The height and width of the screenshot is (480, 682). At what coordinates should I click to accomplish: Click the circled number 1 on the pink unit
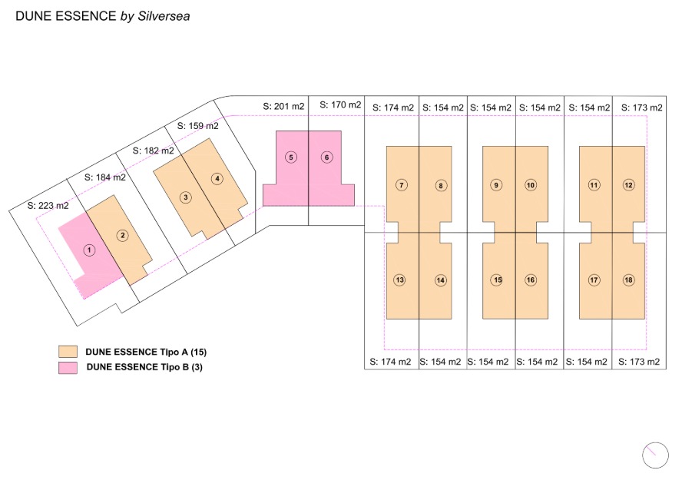pos(90,250)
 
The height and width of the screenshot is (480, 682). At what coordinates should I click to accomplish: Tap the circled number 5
pos(291,157)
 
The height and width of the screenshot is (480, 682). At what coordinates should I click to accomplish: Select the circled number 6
pos(327,157)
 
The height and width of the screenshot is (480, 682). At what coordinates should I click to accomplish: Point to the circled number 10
pos(531,185)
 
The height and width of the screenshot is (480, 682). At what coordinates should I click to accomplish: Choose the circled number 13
pos(399,280)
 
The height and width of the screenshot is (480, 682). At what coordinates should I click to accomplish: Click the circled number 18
pos(628,280)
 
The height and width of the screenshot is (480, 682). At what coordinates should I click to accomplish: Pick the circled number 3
pos(186,197)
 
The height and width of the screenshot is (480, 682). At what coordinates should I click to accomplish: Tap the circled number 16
pos(531,280)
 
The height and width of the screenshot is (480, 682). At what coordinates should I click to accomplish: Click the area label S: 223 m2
pos(48,205)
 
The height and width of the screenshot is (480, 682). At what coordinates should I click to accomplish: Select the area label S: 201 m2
pos(283,106)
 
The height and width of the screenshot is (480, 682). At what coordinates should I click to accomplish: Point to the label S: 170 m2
pos(340,104)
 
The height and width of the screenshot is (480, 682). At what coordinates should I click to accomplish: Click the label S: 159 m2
pos(198,126)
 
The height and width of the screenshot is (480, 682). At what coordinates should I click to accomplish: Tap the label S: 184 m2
pos(104,177)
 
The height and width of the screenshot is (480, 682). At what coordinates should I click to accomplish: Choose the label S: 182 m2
pos(153,151)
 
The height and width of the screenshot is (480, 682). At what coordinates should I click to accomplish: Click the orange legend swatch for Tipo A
pos(68,352)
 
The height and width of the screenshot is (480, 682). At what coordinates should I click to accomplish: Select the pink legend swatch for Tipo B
pos(68,368)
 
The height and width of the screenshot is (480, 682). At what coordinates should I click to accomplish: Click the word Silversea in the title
pos(164,16)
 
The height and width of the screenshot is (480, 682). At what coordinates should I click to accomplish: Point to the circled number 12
pos(628,185)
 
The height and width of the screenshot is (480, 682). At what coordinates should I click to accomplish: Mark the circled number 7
pos(402,185)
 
